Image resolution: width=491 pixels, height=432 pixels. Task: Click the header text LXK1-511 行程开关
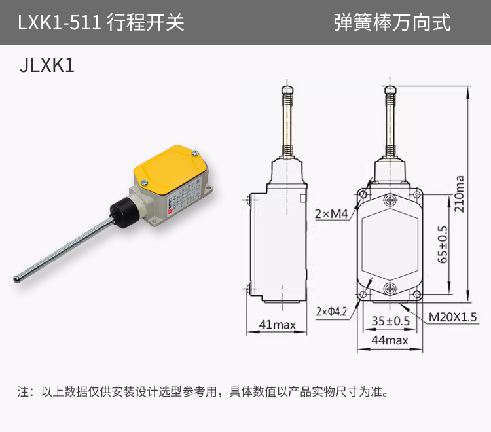pos(101,23)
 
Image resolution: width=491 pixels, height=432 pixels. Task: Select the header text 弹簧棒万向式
pos(392,23)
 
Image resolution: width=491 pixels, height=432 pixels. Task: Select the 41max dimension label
pos(277,324)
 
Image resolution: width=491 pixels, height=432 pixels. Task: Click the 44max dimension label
pos(390,340)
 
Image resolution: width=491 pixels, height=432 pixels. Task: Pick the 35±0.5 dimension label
pos(390,321)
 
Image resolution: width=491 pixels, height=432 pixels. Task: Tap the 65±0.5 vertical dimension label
pos(443,244)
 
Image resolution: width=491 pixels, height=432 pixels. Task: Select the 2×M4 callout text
pos(333,214)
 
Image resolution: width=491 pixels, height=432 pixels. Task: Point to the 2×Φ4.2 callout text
pos(331,311)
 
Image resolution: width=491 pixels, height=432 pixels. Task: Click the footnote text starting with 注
pos(203,393)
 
